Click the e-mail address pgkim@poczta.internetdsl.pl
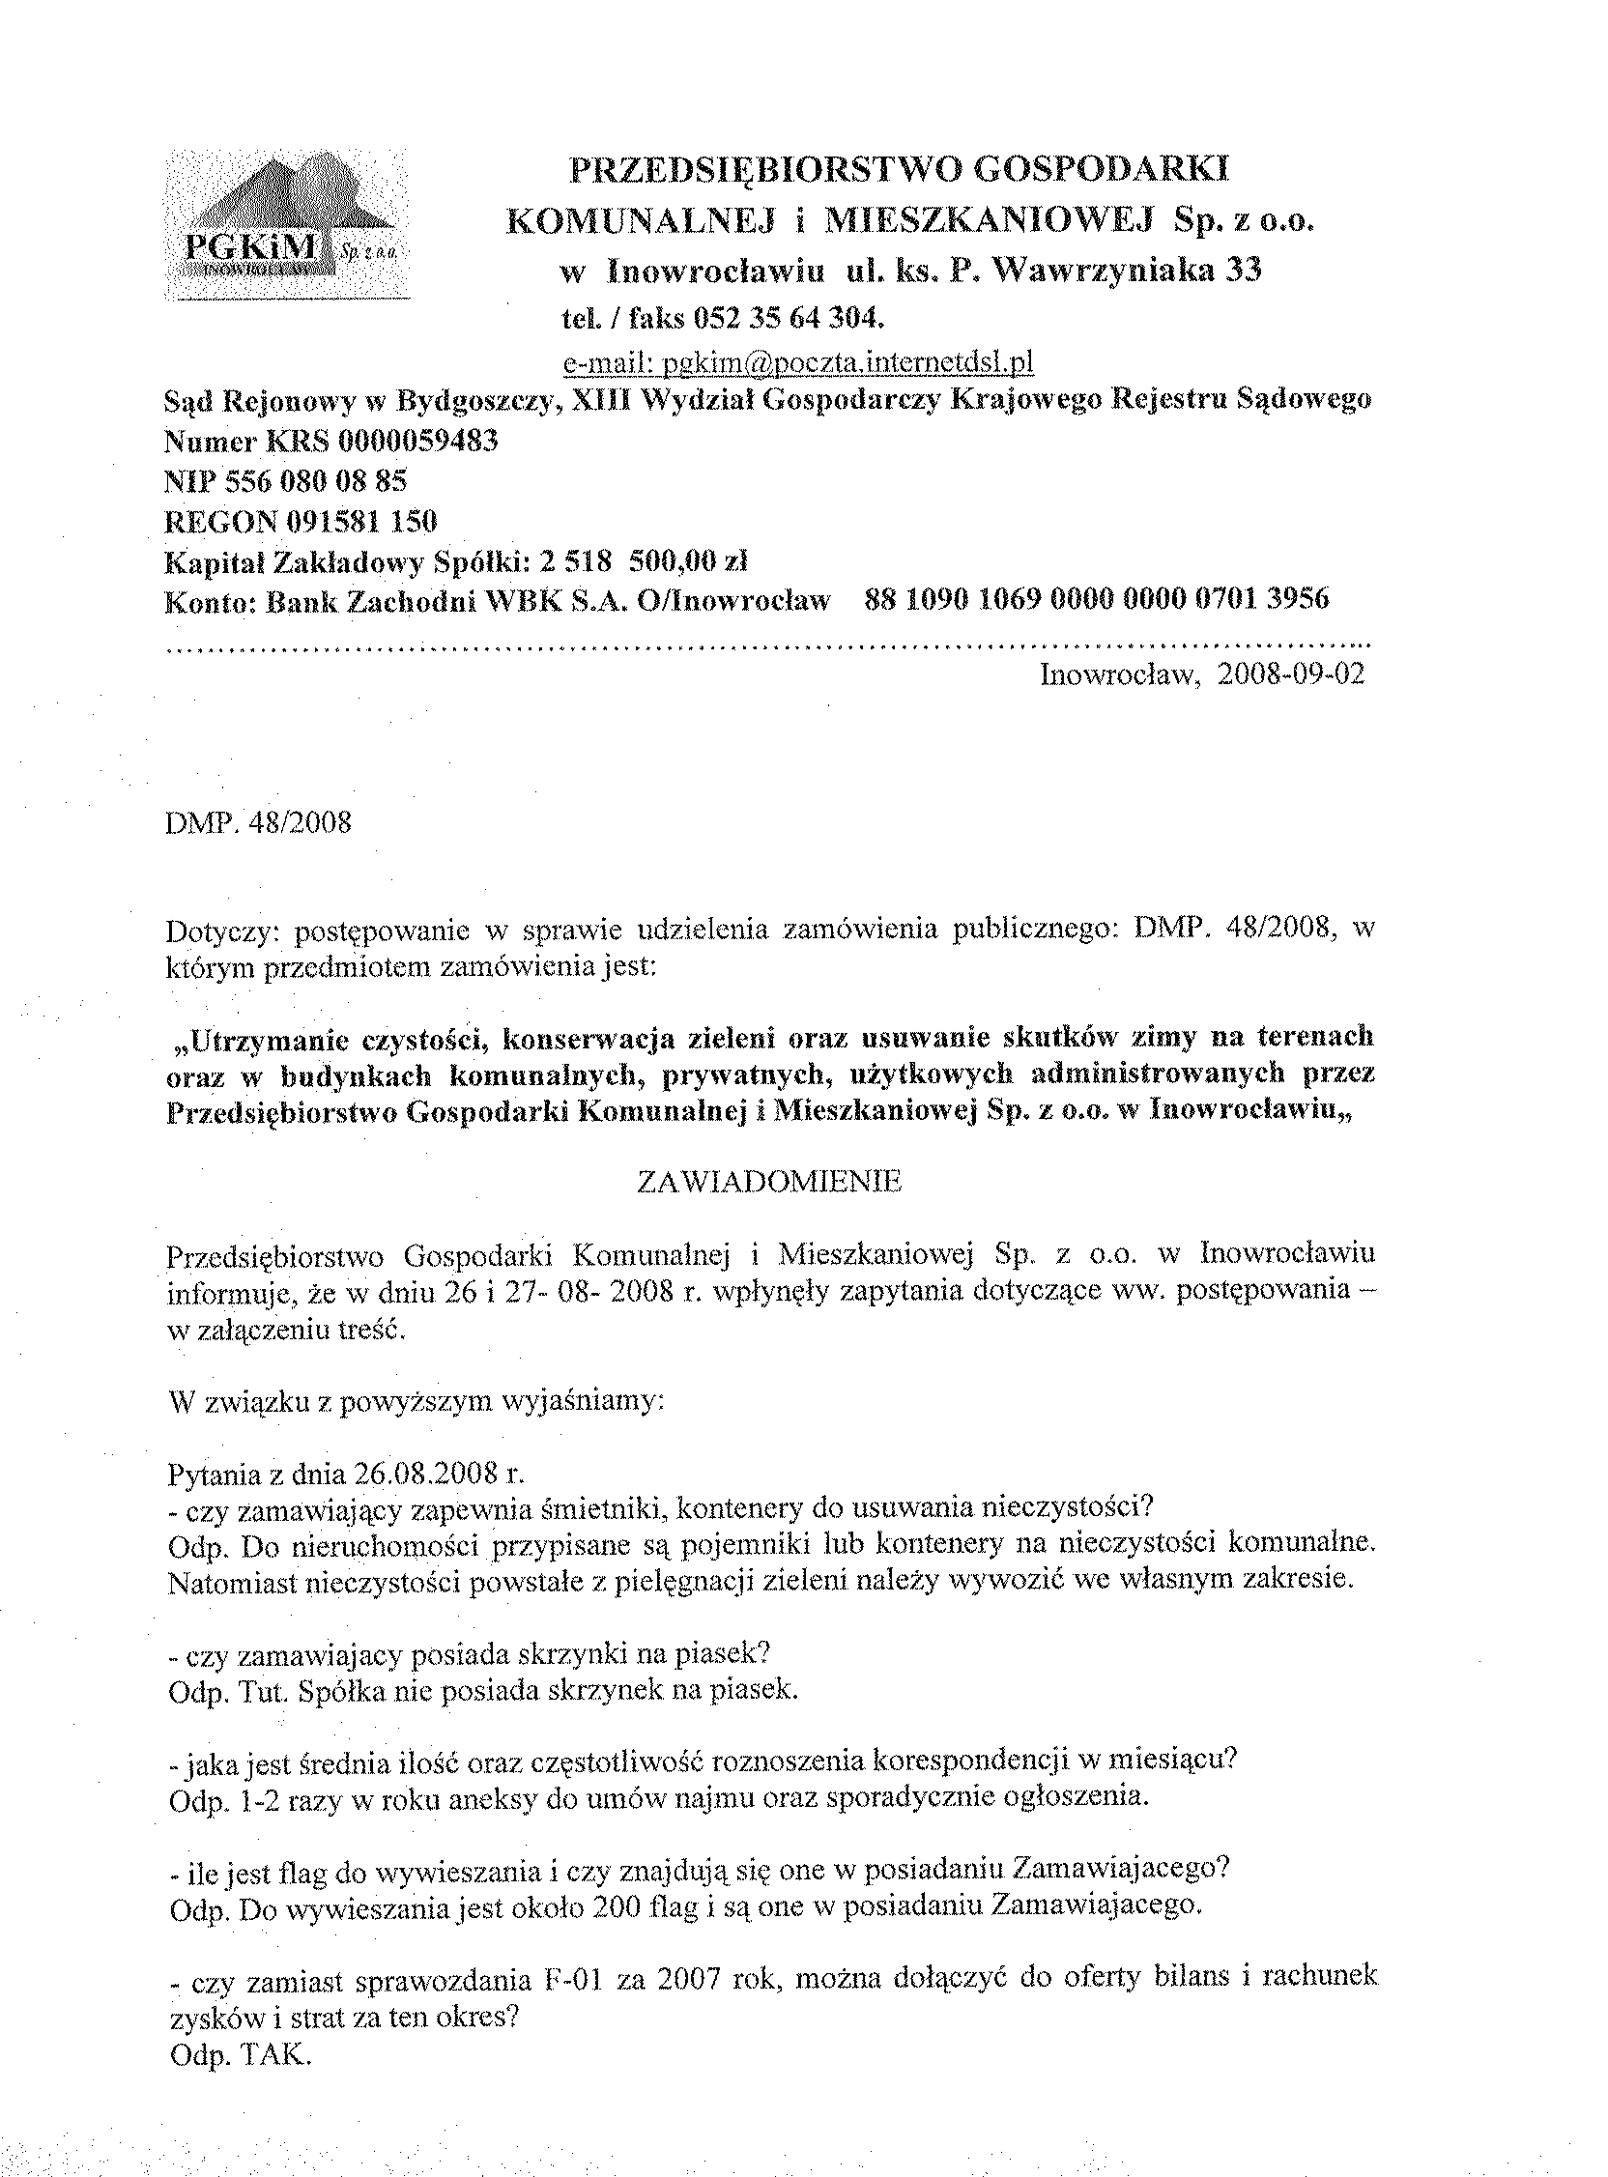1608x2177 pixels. tap(798, 363)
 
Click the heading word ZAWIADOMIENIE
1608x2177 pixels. tap(769, 1182)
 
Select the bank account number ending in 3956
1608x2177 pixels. tap(1096, 599)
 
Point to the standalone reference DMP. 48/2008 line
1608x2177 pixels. tap(259, 823)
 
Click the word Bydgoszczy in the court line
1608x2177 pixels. tap(481, 401)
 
